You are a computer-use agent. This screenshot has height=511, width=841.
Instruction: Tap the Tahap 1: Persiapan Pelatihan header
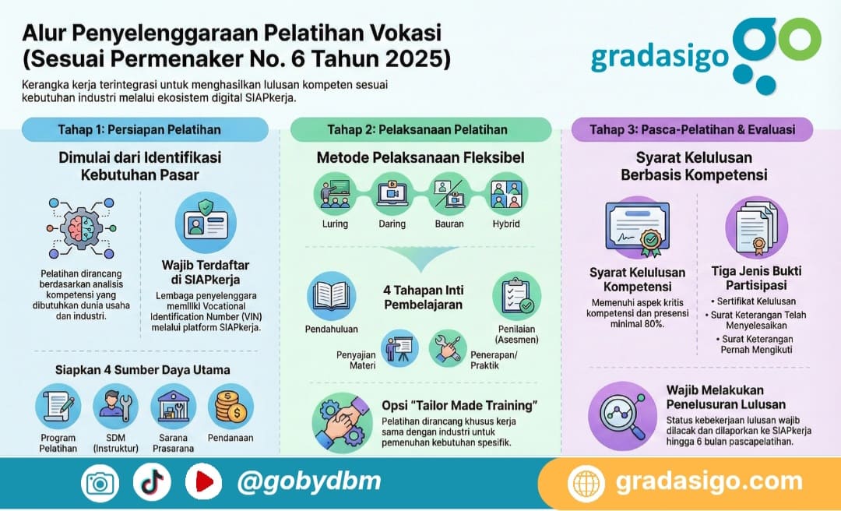[139, 129]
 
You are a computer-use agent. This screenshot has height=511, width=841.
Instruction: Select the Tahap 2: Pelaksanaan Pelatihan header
[420, 129]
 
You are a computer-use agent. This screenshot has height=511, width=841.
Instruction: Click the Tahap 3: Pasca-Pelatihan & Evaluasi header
[692, 129]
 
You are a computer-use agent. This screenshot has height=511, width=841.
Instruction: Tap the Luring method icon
[336, 194]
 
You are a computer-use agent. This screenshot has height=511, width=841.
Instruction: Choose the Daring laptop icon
[392, 194]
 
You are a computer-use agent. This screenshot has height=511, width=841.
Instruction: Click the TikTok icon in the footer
[151, 482]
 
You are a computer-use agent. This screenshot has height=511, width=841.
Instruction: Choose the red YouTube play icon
[202, 482]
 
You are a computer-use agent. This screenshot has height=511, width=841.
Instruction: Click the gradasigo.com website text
[708, 481]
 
